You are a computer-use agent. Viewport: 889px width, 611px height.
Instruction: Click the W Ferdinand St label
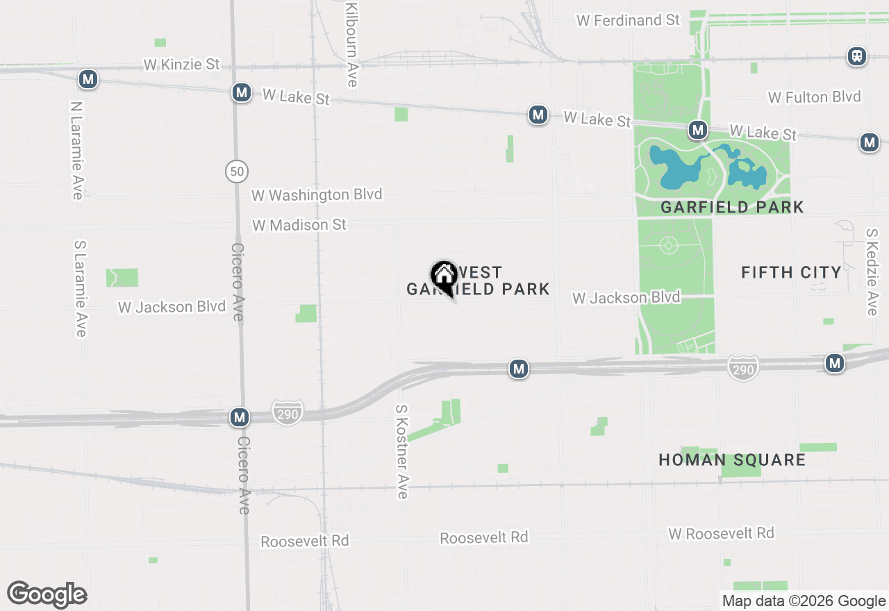[x=628, y=20]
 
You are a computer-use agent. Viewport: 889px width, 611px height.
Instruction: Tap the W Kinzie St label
[x=181, y=65]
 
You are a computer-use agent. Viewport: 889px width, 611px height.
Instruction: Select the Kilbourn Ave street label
[x=352, y=44]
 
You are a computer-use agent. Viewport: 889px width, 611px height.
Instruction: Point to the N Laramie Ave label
[x=76, y=151]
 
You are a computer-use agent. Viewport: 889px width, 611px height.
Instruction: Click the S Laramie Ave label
[x=81, y=289]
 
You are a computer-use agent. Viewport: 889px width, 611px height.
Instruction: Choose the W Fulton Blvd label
[x=814, y=97]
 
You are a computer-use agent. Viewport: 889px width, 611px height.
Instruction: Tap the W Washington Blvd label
[x=317, y=195]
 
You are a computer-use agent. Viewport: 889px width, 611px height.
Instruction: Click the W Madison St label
[x=299, y=226]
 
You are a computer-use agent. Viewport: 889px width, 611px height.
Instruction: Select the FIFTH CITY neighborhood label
[x=791, y=272]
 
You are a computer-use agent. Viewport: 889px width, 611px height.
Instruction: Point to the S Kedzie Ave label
[x=872, y=273]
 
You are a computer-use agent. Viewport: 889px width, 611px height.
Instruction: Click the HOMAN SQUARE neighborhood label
[x=732, y=460]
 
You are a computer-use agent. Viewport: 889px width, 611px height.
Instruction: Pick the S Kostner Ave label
[x=401, y=452]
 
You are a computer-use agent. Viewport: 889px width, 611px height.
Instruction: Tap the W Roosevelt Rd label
[x=721, y=534]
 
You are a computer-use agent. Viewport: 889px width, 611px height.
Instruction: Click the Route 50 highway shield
[x=237, y=171]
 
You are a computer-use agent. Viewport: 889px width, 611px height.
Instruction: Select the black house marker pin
[x=443, y=277]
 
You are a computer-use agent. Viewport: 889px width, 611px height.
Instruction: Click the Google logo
[x=47, y=594]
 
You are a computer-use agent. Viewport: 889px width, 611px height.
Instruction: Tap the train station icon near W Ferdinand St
[x=857, y=56]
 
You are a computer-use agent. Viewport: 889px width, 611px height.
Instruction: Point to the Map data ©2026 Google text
[x=804, y=601]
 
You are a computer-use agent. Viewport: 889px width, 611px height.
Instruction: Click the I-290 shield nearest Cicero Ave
[x=288, y=413]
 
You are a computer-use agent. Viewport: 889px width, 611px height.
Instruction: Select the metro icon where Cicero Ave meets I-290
[x=240, y=417]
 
